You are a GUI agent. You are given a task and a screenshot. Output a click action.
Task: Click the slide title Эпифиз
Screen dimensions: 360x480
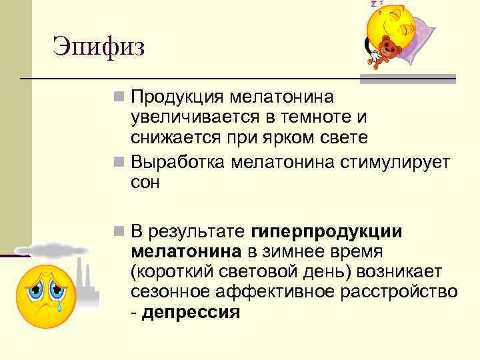[x=99, y=47]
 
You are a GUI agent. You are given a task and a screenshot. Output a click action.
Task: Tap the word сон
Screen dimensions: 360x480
[x=145, y=182]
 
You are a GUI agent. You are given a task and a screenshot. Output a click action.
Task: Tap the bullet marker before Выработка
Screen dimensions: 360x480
[x=119, y=161]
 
